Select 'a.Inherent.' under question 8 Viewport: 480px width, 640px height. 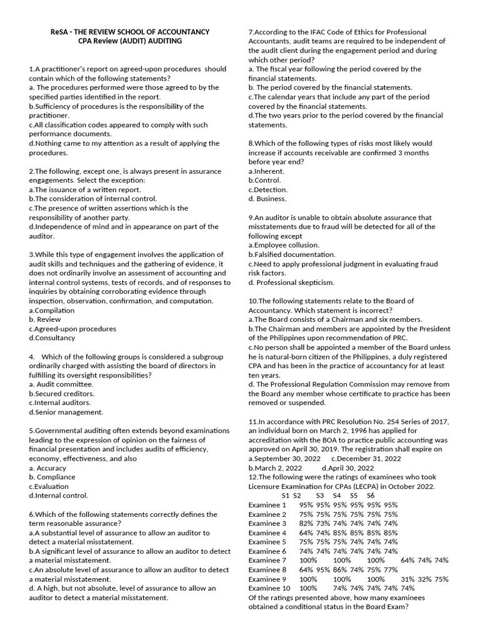coord(266,171)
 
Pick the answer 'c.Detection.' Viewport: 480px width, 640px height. coord(268,189)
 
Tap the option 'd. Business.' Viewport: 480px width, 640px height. coord(267,199)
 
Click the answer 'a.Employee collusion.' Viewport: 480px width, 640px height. coord(284,245)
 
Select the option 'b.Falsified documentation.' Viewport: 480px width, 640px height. coord(292,254)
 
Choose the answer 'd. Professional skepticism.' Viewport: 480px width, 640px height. coord(291,282)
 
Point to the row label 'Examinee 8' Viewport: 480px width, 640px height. coord(267,569)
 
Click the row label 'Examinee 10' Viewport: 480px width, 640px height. coord(269,588)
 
